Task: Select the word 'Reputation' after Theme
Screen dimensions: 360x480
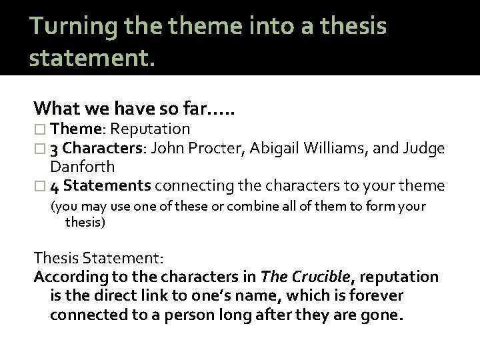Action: [155, 129]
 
